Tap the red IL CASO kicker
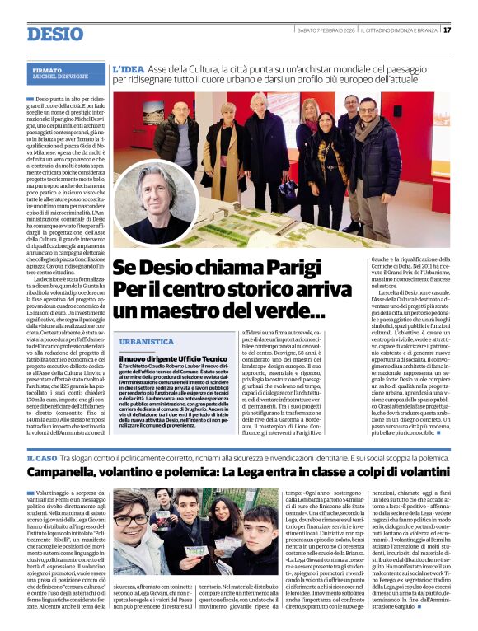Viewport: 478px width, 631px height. coord(41,457)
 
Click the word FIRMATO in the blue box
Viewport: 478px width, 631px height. coord(47,71)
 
